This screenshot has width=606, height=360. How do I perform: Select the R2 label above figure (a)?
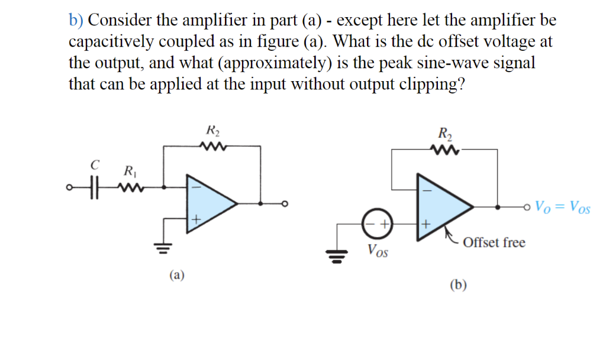[214, 130]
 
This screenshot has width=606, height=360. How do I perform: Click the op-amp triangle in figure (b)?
[441, 207]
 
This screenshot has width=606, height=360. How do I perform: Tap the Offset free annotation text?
[494, 243]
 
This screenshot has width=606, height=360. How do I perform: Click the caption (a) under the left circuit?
[176, 274]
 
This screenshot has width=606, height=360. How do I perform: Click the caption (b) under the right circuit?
[457, 285]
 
